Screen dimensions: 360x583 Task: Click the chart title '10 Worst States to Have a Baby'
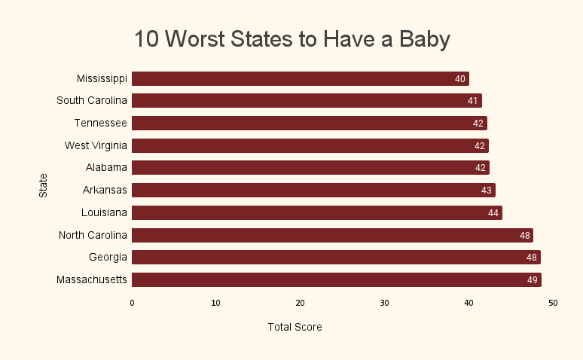click(291, 39)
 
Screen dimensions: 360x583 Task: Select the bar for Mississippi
click(300, 78)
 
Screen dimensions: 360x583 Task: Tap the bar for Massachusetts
click(336, 280)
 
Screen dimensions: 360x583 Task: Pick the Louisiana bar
click(316, 213)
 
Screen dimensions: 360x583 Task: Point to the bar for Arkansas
click(313, 191)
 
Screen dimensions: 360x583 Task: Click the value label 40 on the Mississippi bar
click(460, 79)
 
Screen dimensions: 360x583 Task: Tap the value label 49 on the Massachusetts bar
click(533, 281)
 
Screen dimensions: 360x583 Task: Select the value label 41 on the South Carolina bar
click(473, 101)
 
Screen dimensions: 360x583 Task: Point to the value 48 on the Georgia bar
click(532, 258)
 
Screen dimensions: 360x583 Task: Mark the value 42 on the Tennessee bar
click(478, 124)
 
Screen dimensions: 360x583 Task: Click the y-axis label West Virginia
click(96, 145)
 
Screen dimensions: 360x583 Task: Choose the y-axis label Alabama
click(106, 167)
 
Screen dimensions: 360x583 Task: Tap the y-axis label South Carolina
click(92, 100)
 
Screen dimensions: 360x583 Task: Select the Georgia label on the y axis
click(108, 258)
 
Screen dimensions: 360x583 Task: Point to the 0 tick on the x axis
click(132, 304)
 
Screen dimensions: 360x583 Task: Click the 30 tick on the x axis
click(384, 304)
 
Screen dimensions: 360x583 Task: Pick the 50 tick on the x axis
click(553, 304)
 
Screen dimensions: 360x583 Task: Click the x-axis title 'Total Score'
click(295, 328)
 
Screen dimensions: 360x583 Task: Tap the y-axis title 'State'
click(43, 185)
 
